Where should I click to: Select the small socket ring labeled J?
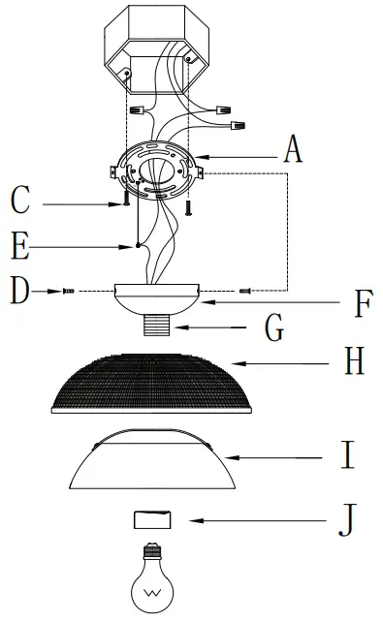coord(148,518)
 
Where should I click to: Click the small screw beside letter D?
coord(68,290)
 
